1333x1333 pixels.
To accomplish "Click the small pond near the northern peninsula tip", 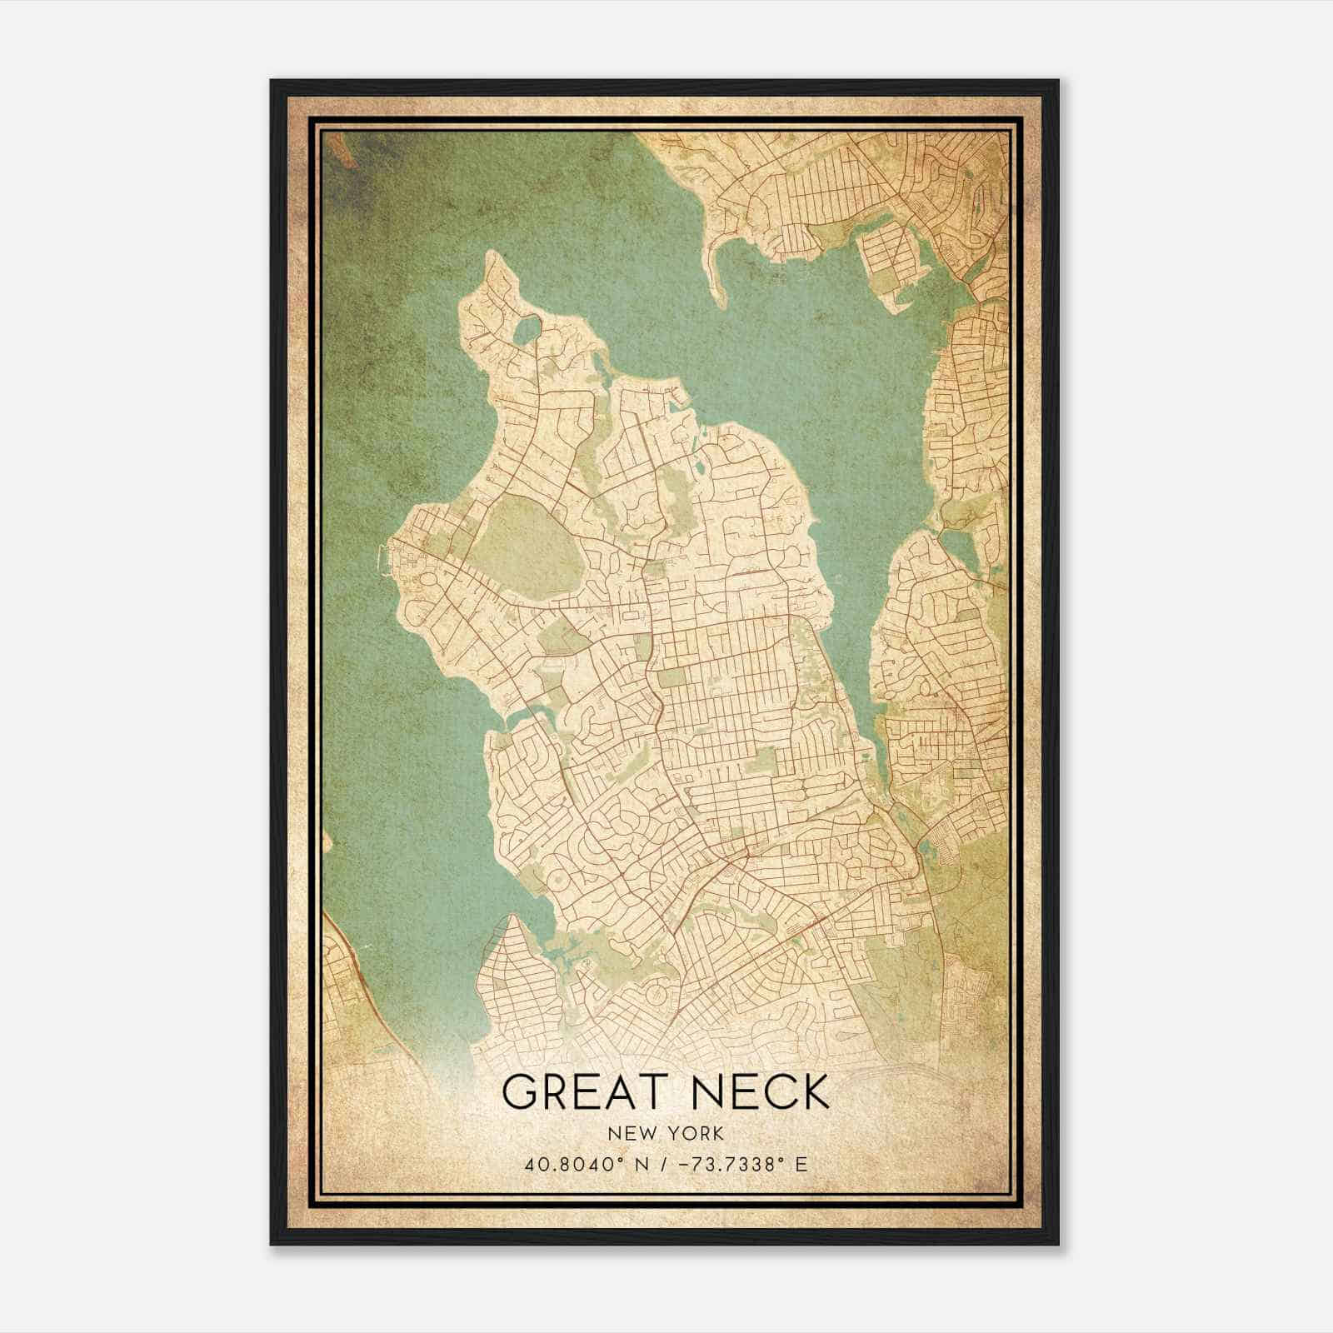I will [527, 331].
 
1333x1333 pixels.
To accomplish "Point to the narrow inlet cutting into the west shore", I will [527, 715].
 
